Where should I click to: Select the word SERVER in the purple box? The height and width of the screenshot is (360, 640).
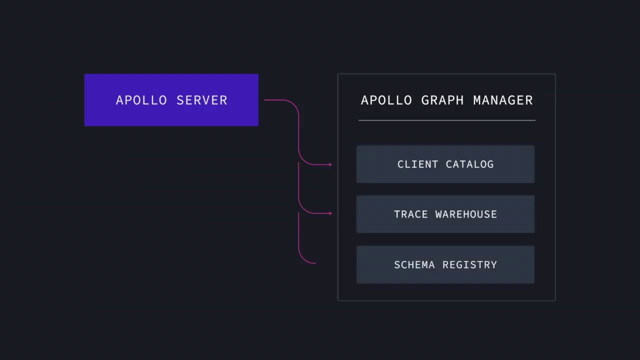click(202, 100)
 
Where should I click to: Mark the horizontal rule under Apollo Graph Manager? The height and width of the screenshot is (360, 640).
click(446, 120)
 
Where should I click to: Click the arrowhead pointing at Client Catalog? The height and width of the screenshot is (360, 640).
click(330, 164)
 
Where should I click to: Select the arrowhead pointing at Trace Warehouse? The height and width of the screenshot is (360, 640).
click(330, 213)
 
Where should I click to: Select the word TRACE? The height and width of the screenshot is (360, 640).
click(410, 214)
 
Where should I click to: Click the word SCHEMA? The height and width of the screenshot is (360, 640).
click(414, 264)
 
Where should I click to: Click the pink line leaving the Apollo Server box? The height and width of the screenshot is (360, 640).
click(277, 100)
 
